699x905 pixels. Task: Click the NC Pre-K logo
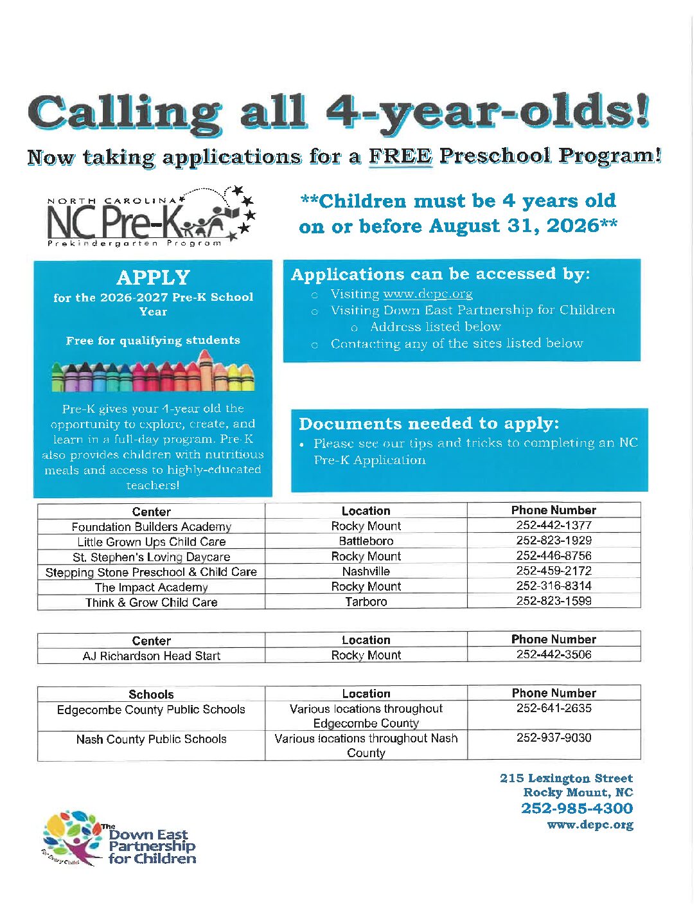[151, 218]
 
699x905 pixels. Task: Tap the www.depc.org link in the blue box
[427, 294]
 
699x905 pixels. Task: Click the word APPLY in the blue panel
[154, 277]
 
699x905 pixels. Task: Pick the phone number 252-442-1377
[554, 525]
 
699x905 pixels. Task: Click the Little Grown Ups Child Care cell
[152, 542]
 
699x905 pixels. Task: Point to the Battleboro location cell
[366, 541]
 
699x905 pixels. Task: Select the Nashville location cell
[366, 571]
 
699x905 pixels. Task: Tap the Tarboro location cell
[366, 602]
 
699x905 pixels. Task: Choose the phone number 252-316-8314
[554, 586]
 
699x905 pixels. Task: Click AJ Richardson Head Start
[152, 656]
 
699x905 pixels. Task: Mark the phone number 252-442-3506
[554, 654]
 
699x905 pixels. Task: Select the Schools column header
[151, 694]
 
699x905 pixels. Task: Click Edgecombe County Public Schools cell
[151, 710]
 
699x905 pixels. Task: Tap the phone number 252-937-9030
[554, 738]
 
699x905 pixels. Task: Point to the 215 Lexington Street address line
[566, 778]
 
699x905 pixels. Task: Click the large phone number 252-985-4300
[577, 809]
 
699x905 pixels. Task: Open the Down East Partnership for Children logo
[119, 839]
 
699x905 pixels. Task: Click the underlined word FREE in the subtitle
[400, 156]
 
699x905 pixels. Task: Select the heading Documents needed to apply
[429, 424]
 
